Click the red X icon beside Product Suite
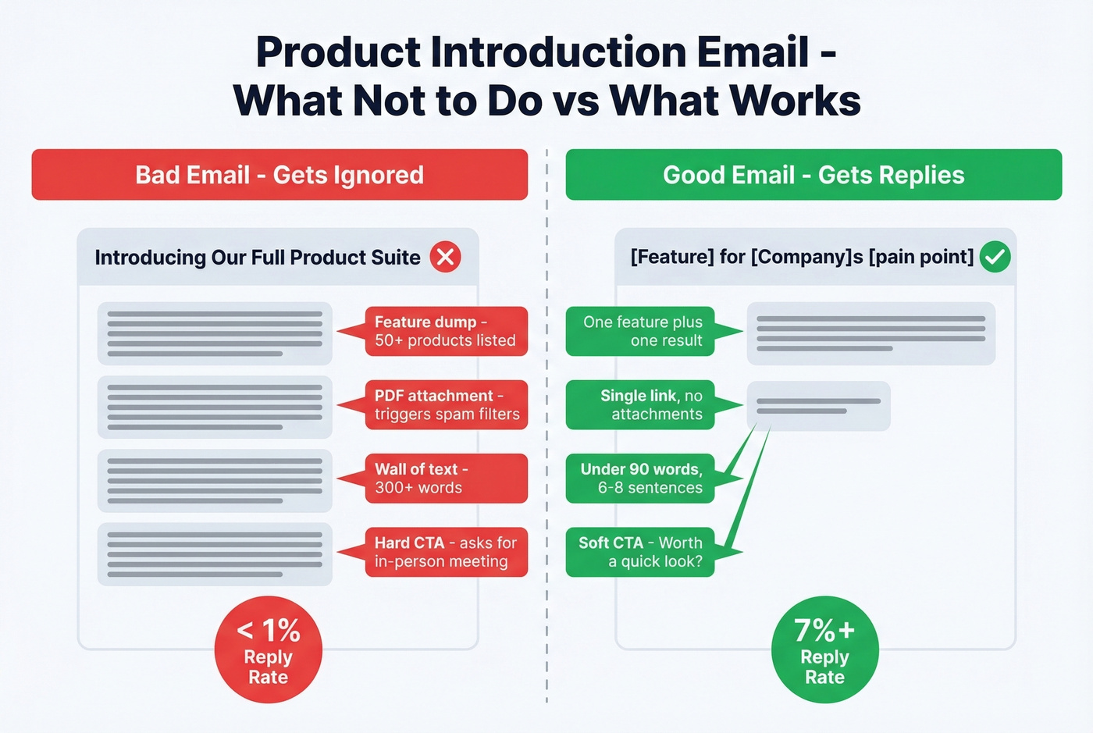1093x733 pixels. click(445, 257)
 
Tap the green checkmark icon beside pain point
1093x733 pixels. click(995, 257)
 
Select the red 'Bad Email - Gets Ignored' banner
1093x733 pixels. click(279, 175)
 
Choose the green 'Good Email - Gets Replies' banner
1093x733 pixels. click(814, 175)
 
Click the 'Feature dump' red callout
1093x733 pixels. click(446, 331)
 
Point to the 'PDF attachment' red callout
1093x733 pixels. click(446, 404)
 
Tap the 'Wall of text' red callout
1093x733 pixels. click(446, 478)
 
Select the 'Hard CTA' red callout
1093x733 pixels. click(446, 552)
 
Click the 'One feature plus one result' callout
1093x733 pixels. click(641, 331)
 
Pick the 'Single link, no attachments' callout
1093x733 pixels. click(641, 404)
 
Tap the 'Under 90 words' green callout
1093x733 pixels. click(641, 478)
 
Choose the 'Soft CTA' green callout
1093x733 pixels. click(641, 552)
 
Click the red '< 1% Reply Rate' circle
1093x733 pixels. click(268, 649)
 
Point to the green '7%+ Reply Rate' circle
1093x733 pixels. click(824, 649)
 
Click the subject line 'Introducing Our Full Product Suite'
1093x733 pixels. click(258, 258)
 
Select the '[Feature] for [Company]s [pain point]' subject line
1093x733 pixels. click(802, 257)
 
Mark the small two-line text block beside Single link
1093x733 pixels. click(818, 406)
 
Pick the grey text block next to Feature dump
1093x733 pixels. click(215, 333)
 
